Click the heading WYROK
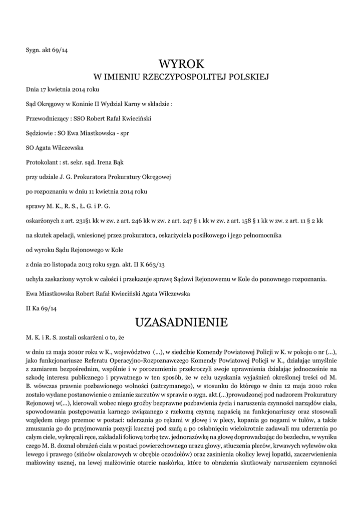182,63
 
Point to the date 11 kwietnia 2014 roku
113,191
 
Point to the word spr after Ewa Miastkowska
123,134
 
